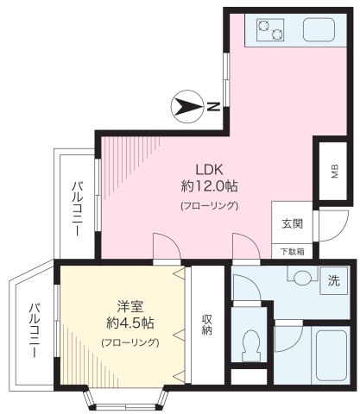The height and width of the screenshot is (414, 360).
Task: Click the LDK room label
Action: pyautogui.click(x=209, y=169)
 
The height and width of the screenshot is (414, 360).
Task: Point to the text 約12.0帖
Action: pyautogui.click(x=209, y=185)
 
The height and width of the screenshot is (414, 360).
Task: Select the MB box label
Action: pyautogui.click(x=334, y=172)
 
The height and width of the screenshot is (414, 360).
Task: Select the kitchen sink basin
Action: pyautogui.click(x=319, y=32)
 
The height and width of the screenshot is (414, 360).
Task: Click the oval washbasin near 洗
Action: pyautogui.click(x=300, y=278)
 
